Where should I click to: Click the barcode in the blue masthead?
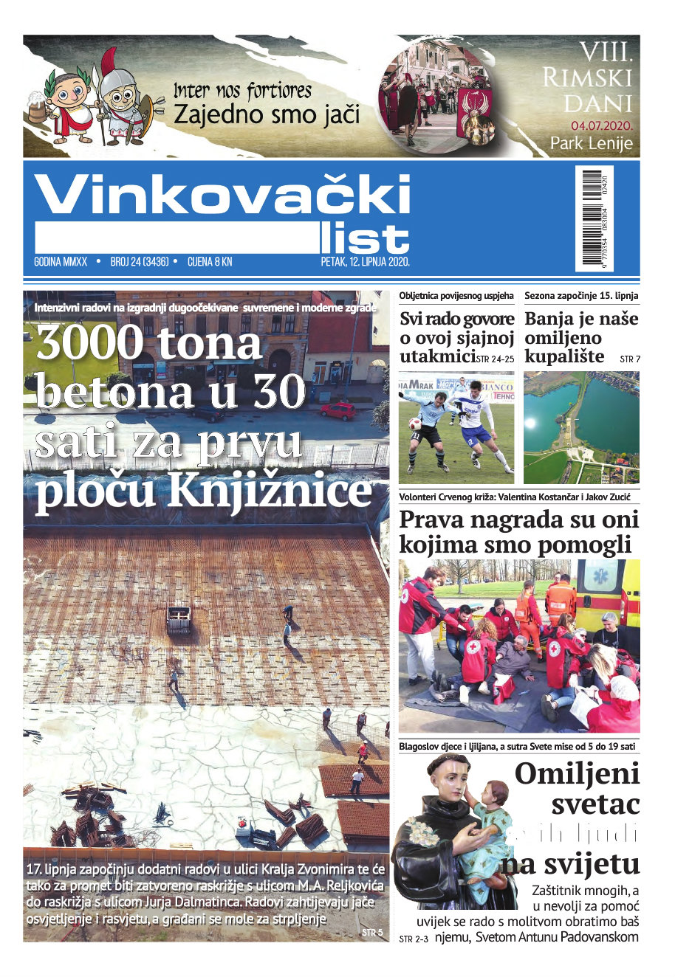(592, 218)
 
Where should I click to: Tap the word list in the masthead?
(364, 238)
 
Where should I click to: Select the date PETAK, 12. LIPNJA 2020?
(365, 262)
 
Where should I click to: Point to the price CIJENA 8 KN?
(210, 262)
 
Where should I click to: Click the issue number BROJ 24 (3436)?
(140, 262)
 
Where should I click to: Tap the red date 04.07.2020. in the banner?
(601, 125)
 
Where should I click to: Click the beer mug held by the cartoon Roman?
(37, 109)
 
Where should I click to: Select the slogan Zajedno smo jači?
(267, 114)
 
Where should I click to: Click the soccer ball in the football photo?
(415, 424)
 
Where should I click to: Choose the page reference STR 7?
(630, 359)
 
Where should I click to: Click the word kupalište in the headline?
(564, 357)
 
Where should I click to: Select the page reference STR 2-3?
(413, 939)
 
